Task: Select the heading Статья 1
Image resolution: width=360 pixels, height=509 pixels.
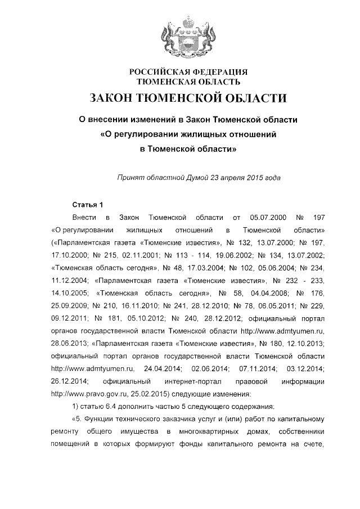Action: [x=89, y=203]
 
